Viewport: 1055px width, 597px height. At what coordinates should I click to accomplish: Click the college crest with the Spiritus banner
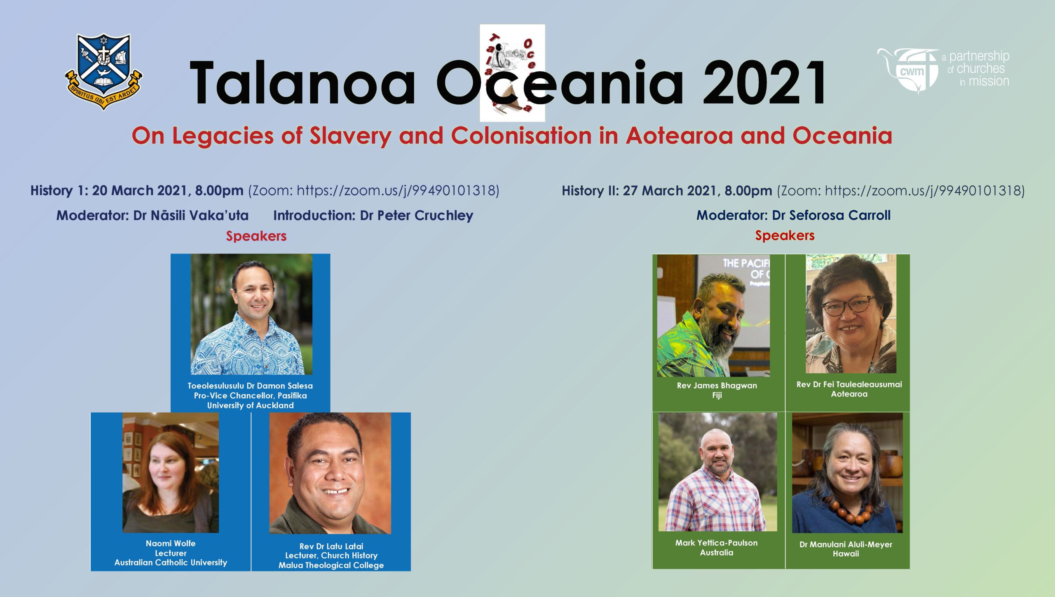point(103,72)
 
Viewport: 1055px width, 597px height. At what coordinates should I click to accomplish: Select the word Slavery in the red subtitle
point(350,136)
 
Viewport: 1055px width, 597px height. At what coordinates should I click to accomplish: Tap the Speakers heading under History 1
point(256,236)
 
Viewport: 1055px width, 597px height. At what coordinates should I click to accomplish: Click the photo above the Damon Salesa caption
point(251,314)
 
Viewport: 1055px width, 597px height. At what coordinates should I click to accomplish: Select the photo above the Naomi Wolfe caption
point(171,472)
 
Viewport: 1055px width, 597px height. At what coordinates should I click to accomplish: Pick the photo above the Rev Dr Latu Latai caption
point(330,473)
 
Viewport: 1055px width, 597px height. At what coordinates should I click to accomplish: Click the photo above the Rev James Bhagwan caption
point(713,315)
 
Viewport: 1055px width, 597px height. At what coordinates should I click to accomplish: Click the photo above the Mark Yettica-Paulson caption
point(717,472)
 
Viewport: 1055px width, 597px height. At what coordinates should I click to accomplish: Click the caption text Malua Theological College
point(331,565)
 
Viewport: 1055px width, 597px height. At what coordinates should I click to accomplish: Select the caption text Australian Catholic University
point(171,562)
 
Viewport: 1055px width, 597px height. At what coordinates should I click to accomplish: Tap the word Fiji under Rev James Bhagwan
point(717,395)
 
